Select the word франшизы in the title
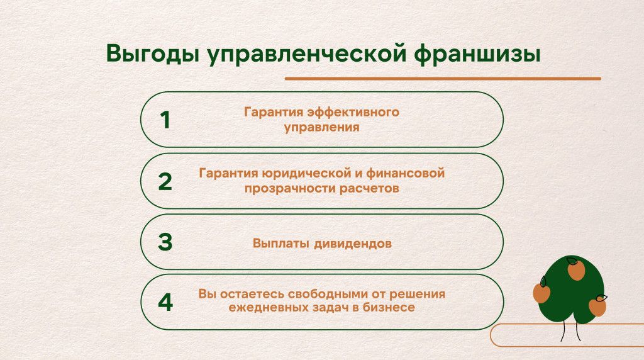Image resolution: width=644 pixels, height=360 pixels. (477, 54)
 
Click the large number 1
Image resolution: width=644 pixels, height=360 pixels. (165, 120)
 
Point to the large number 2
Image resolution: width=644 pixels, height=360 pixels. (165, 181)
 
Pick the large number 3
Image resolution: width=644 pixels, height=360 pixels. (165, 242)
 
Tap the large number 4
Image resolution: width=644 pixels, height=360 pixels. (165, 303)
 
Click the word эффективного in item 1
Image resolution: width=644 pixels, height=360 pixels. (353, 112)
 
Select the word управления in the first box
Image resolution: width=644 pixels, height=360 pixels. (321, 127)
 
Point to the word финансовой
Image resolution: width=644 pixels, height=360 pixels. (406, 173)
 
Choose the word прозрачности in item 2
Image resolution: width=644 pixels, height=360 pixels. (291, 189)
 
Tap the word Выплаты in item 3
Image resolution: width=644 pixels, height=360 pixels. (281, 244)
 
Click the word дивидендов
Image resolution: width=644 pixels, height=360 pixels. (353, 244)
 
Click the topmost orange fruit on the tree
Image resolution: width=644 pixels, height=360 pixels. (576, 270)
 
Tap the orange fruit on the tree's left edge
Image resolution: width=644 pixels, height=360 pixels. (541, 293)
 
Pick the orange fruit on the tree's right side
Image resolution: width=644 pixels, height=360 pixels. (597, 307)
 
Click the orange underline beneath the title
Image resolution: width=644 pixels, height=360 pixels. (443, 79)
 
